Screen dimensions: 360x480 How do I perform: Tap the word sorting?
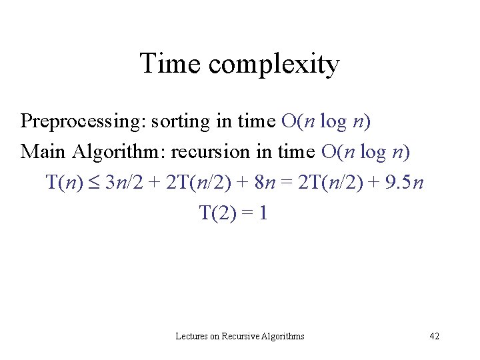tap(175, 122)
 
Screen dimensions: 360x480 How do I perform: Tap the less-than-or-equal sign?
tap(91, 183)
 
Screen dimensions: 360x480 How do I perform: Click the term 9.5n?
tap(400, 182)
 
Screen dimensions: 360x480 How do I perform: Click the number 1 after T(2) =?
tap(263, 213)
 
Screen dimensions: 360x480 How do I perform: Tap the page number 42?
tap(434, 337)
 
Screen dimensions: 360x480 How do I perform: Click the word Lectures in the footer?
tap(191, 337)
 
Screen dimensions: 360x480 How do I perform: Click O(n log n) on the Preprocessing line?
tap(326, 122)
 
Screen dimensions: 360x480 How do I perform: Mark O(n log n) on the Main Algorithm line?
tap(365, 152)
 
